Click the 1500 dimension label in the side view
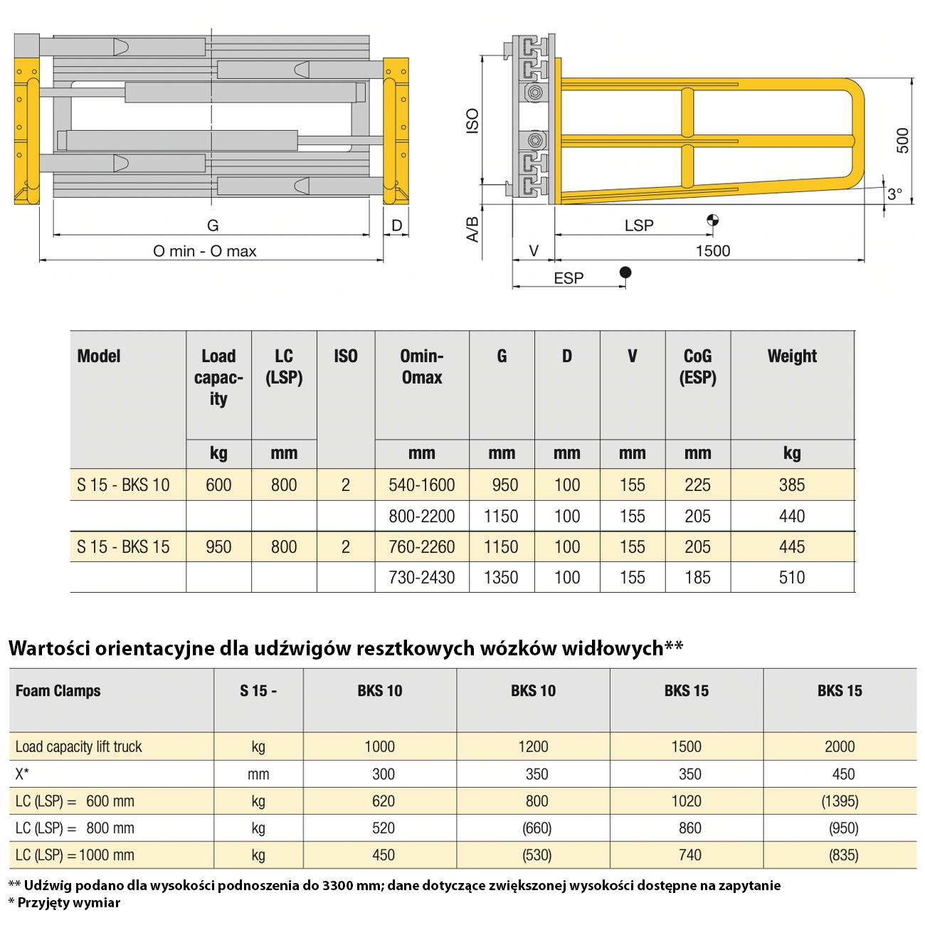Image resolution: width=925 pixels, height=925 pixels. [712, 250]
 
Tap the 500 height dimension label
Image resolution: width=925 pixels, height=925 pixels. [902, 140]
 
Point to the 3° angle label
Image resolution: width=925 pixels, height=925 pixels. [894, 194]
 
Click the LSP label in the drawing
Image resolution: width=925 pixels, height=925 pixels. [639, 226]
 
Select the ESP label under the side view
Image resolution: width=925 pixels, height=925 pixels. [569, 278]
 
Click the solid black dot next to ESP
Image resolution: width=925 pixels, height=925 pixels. [625, 272]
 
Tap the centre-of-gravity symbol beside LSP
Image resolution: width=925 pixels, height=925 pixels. [712, 220]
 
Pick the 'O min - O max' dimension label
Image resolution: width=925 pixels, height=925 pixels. [205, 251]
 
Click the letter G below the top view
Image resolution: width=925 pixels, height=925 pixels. [213, 226]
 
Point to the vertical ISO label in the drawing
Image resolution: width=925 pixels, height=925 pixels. [472, 121]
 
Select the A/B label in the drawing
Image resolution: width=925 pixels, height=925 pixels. [472, 229]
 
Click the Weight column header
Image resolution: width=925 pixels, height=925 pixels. [792, 356]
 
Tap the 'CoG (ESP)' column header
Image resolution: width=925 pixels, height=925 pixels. [697, 366]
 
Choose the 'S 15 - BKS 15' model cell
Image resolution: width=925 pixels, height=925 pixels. [123, 547]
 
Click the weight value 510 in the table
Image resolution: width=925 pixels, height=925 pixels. [792, 578]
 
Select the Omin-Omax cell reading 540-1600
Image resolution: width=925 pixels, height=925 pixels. [421, 485]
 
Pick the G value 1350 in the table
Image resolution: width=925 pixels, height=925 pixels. [501, 578]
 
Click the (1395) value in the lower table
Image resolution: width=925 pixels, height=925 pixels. [840, 801]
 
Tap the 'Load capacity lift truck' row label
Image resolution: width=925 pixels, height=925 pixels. [79, 747]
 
